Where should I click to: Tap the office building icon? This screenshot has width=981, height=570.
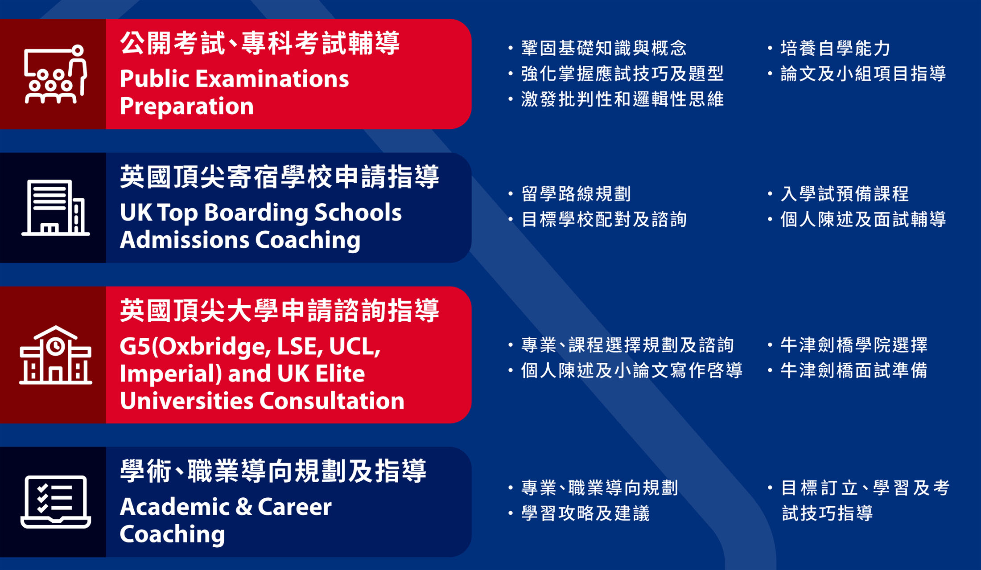coord(55,207)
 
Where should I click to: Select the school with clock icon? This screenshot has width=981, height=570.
coord(55,355)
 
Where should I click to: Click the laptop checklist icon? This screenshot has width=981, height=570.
coord(55,502)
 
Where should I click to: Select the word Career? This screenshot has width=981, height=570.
coord(294,507)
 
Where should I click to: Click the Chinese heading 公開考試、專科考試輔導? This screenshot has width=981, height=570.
coord(260,43)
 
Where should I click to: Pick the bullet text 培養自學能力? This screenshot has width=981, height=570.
coord(835,48)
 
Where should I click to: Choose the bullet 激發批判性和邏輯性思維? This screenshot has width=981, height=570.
coord(622,99)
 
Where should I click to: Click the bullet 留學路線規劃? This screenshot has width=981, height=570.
coord(576,194)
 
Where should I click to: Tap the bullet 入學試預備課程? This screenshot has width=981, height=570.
coord(844,194)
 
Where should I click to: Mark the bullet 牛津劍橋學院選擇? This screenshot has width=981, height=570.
coord(853,345)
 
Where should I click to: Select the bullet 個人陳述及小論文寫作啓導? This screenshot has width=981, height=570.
coord(631,370)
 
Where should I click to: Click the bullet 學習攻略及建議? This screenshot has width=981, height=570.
coord(585,513)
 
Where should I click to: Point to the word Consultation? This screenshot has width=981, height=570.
coord(332,401)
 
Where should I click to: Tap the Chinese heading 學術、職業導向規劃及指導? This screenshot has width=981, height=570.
coord(273,472)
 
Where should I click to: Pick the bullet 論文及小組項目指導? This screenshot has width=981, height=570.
coord(863,74)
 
